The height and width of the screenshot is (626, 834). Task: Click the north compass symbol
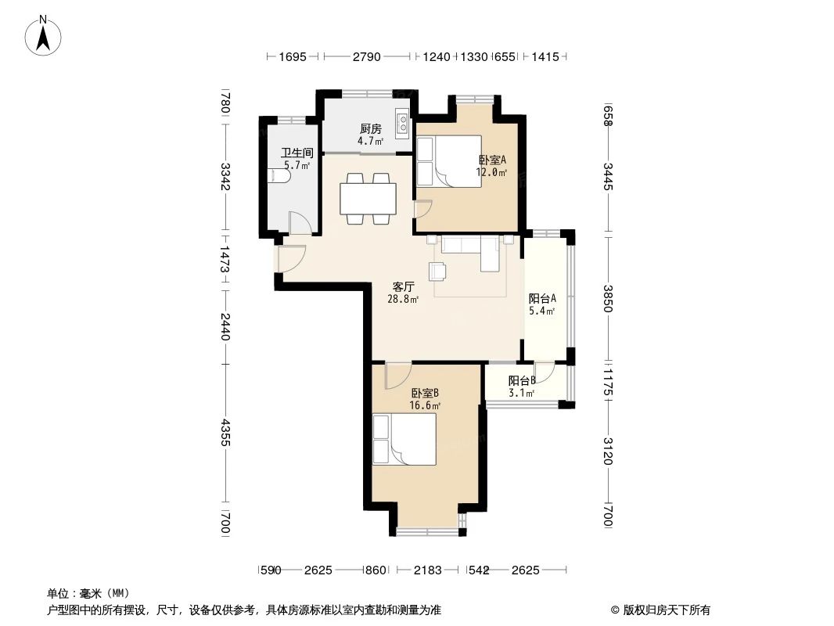pyautogui.click(x=45, y=35)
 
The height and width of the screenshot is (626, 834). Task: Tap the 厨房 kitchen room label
pyautogui.click(x=370, y=129)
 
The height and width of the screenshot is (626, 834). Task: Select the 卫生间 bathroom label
pyautogui.click(x=297, y=153)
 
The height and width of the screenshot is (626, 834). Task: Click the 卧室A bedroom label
pyautogui.click(x=492, y=160)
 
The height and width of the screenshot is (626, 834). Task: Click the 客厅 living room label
pyautogui.click(x=403, y=286)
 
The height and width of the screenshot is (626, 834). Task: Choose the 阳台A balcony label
pyautogui.click(x=541, y=298)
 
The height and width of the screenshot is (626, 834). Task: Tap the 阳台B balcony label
pyautogui.click(x=521, y=381)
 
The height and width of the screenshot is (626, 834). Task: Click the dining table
pyautogui.click(x=368, y=199)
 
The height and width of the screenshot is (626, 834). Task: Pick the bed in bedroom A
pyautogui.click(x=448, y=162)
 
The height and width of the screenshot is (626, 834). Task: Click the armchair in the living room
pyautogui.click(x=437, y=271)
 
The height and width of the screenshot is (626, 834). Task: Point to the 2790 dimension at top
pyautogui.click(x=366, y=56)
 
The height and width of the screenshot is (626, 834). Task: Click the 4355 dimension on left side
pyautogui.click(x=225, y=434)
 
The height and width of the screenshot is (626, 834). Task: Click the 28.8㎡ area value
pyautogui.click(x=403, y=299)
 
